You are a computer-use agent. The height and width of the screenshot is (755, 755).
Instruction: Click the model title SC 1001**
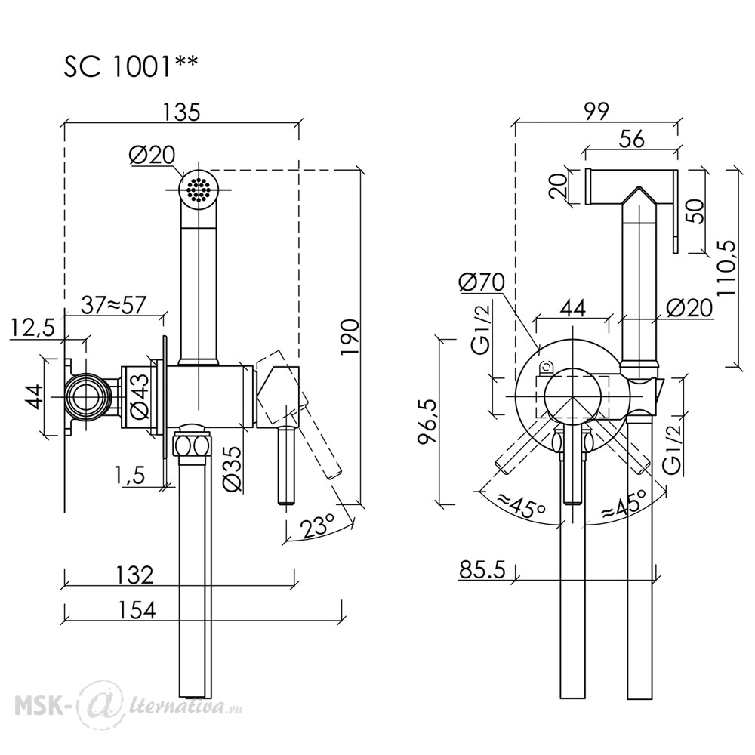131,66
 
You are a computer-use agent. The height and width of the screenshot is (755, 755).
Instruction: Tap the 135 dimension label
181,112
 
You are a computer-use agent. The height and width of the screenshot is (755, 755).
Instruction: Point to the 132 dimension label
135,575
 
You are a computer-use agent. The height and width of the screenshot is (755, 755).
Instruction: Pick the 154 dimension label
137,610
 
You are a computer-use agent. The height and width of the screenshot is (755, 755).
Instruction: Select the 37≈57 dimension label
113,305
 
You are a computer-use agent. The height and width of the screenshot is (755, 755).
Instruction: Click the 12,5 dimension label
33,328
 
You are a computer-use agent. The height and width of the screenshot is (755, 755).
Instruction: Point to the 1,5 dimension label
130,476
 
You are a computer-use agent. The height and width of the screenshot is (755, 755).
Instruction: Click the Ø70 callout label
482,282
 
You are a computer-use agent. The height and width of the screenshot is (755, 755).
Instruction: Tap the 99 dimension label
596,111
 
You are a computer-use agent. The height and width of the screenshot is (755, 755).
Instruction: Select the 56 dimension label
631,139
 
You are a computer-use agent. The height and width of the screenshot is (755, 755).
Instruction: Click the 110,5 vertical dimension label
727,270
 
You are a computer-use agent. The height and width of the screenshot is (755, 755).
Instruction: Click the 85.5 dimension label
482,570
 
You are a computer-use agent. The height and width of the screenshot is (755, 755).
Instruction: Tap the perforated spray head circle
199,190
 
